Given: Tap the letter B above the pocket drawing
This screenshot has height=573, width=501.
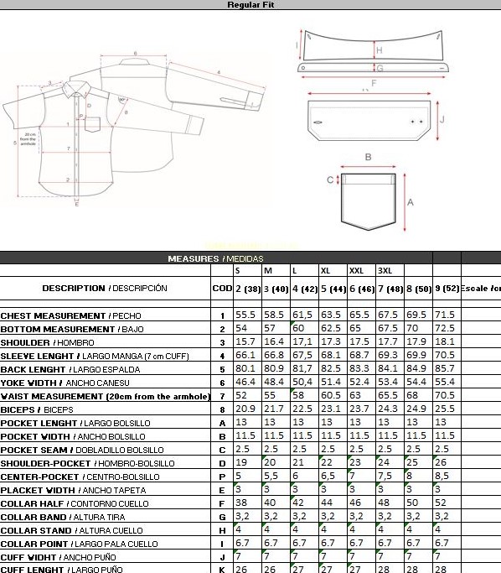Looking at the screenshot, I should [367, 157].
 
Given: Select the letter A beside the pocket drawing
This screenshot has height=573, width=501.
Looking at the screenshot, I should [411, 202].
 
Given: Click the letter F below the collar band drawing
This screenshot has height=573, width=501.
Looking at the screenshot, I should [373, 83].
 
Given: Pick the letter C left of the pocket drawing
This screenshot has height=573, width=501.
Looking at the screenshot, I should [330, 180].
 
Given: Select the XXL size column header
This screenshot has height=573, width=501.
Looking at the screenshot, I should [356, 271].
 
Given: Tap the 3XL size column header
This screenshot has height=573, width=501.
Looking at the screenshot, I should [385, 271].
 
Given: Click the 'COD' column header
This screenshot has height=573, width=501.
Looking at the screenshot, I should [222, 289].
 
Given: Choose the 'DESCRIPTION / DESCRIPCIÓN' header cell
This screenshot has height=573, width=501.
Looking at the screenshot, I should [105, 289].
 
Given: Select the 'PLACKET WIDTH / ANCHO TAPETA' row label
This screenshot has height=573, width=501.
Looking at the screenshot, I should [75, 490].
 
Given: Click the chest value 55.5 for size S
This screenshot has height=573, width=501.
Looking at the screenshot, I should [245, 315].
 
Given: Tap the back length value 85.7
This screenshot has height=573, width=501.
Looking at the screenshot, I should [445, 369].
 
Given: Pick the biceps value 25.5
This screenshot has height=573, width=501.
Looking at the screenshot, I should [445, 409].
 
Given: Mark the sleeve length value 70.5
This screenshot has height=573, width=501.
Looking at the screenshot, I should [445, 356].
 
